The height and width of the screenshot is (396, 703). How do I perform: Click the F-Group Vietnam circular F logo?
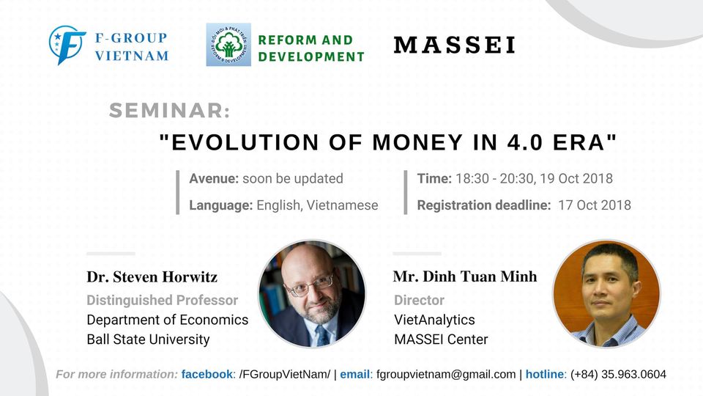pyautogui.click(x=67, y=45)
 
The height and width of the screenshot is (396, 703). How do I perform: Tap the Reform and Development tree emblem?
pyautogui.click(x=228, y=45)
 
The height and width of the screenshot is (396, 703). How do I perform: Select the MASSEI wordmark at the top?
pyautogui.click(x=455, y=45)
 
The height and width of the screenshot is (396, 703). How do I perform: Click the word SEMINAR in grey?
pyautogui.click(x=169, y=111)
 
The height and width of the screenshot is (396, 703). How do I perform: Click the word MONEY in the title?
pyautogui.click(x=417, y=142)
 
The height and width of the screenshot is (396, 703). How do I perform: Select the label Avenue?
pyautogui.click(x=214, y=179)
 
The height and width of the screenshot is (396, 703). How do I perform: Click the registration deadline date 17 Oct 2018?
pyautogui.click(x=595, y=205)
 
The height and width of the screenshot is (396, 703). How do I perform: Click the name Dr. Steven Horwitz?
pyautogui.click(x=152, y=277)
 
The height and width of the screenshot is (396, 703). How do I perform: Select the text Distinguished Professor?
pyautogui.click(x=163, y=300)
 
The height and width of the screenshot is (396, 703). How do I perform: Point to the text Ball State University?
pyautogui.click(x=148, y=340)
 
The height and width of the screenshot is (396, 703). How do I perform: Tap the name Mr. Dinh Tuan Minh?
pyautogui.click(x=465, y=276)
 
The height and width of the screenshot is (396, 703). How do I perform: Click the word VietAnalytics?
pyautogui.click(x=434, y=320)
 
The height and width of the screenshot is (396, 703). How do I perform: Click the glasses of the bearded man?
pyautogui.click(x=310, y=285)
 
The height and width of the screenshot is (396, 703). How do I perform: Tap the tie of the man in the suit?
pyautogui.click(x=322, y=335)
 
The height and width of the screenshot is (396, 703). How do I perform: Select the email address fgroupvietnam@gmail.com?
pyautogui.click(x=446, y=375)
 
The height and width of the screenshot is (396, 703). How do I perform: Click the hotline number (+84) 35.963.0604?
pyautogui.click(x=618, y=375)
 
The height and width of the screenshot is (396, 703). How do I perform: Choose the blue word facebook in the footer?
pyautogui.click(x=207, y=375)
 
